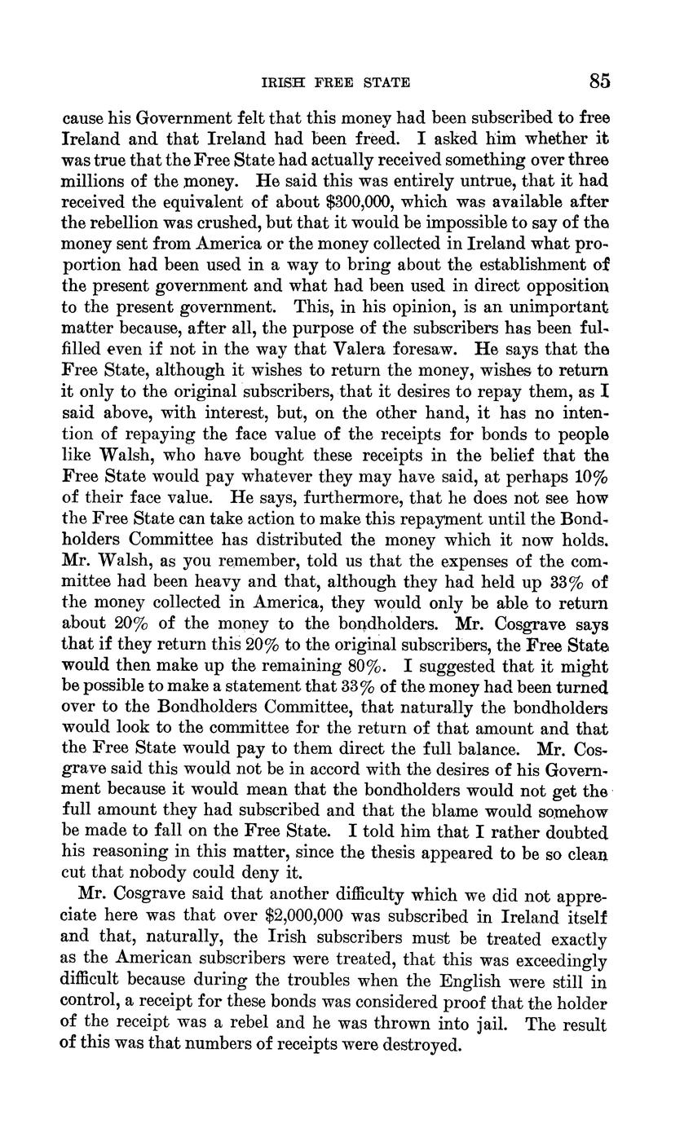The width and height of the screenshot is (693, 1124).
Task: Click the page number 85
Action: click(x=599, y=82)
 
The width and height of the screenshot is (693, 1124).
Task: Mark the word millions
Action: click(x=93, y=179)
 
